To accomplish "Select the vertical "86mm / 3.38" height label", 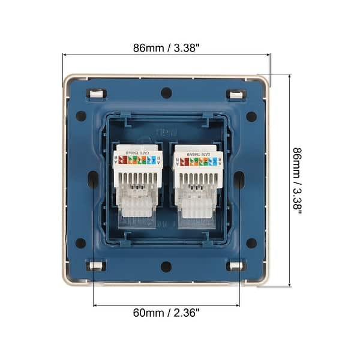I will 297,181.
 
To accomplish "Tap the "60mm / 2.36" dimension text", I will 166,313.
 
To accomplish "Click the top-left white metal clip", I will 97,94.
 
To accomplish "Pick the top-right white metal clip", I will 236,94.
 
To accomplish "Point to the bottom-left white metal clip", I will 97,266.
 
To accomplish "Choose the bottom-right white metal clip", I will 236,266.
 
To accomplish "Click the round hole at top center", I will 166,93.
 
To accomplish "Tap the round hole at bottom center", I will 166,266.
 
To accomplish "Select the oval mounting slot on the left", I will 93,179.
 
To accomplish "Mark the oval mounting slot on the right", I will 239,179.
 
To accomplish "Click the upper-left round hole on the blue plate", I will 81,116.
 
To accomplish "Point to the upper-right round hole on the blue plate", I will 251,116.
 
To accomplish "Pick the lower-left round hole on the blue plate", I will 81,243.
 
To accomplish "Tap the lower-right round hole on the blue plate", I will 251,243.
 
